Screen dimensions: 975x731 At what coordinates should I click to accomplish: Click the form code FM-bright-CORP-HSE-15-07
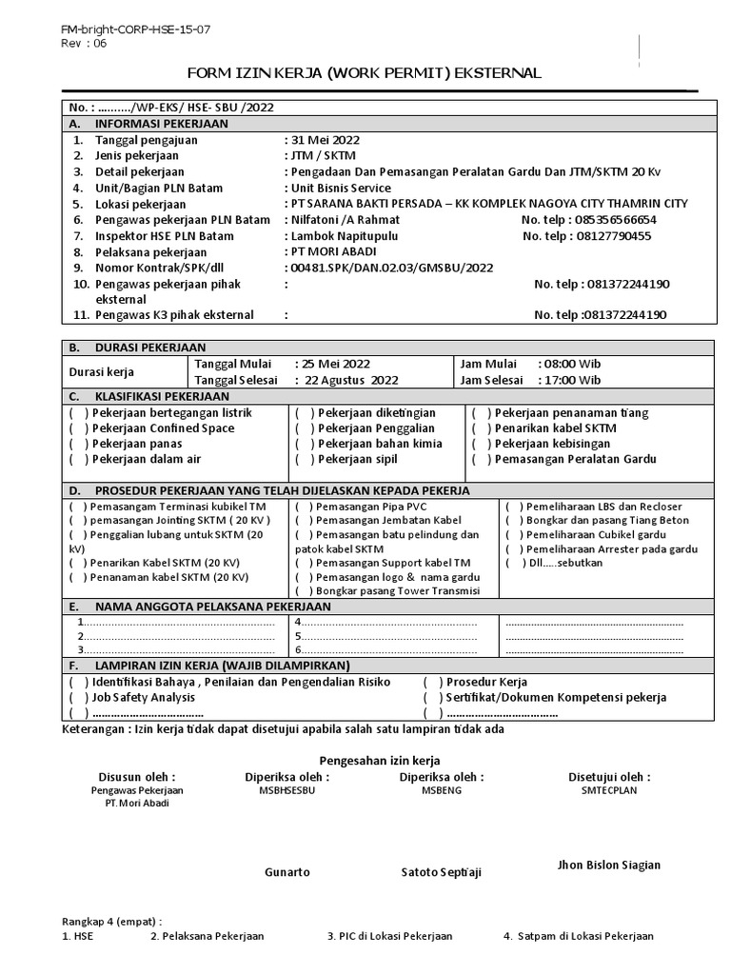click(x=135, y=30)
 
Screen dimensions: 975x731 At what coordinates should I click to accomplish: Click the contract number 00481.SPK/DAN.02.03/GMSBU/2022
click(x=390, y=268)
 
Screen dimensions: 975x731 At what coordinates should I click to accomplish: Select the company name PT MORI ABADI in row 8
click(x=328, y=251)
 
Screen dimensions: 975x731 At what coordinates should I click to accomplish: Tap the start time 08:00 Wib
click(x=569, y=364)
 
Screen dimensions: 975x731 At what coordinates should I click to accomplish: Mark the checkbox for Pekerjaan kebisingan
click(x=479, y=444)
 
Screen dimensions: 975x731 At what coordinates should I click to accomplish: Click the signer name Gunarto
click(x=286, y=872)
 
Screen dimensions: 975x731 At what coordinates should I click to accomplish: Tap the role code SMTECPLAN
click(x=608, y=790)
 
